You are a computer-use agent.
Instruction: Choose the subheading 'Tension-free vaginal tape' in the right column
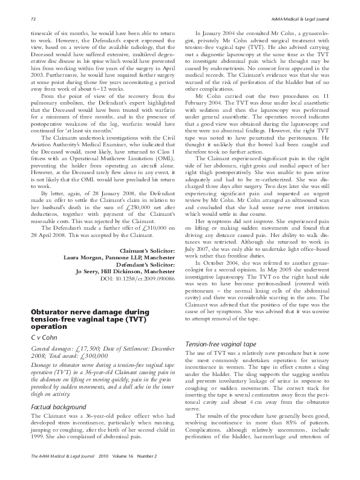[x=221, y=344]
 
